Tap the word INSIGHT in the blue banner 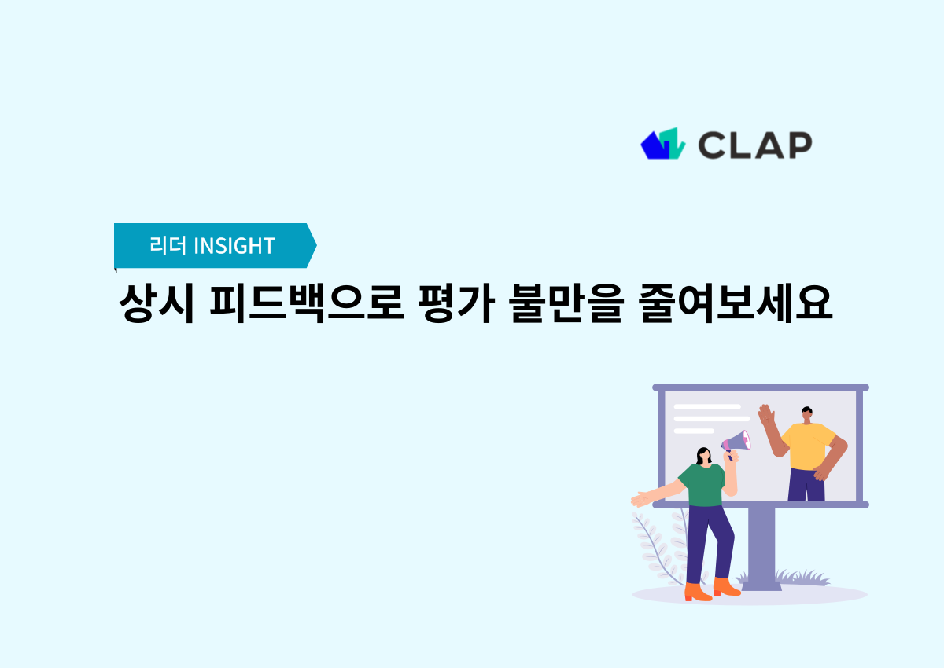point(234,246)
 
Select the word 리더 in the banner point(168,246)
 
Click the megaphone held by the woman point(737,442)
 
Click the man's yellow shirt point(808,446)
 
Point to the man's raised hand point(765,415)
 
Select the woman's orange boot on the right point(726,586)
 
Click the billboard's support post point(761,546)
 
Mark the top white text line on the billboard point(707,406)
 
